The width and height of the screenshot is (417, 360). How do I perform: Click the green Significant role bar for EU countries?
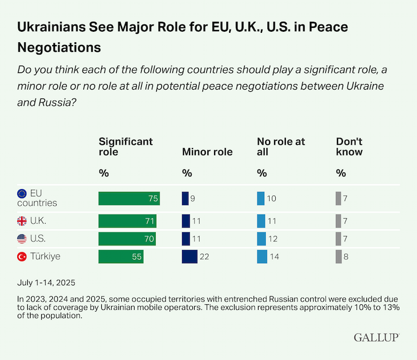129,198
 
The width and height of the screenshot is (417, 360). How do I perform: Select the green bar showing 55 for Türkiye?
121,257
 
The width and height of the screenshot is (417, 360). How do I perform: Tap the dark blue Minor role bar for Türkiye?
190,257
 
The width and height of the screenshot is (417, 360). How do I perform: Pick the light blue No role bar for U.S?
261,239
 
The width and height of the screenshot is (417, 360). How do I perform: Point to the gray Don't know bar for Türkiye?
339,257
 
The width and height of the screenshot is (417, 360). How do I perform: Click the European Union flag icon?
22,194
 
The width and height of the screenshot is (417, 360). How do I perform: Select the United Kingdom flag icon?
22,221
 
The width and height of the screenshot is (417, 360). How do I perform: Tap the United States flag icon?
22,239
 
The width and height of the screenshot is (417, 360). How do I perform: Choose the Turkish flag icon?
22,257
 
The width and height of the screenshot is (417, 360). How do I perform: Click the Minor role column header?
207,152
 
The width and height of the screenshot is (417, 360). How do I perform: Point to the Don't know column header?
349,147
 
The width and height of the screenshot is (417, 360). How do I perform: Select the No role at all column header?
281,147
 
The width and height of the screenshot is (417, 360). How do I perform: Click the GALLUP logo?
376,338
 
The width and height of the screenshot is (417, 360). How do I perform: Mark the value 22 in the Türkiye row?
205,257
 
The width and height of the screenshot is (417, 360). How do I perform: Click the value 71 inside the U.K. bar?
149,221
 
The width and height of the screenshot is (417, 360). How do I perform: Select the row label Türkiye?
45,257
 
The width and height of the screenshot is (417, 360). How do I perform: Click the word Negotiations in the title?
59,47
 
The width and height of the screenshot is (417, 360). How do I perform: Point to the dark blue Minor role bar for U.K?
186,221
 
